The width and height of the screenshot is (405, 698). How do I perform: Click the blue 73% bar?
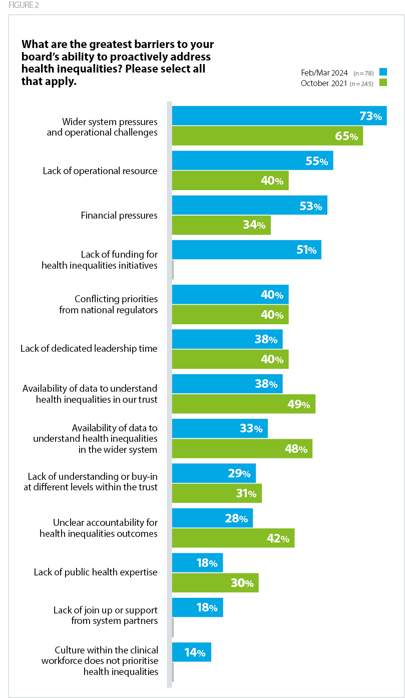point(279,116)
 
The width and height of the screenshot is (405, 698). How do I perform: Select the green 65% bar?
point(267,136)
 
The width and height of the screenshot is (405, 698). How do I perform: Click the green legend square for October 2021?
point(383,83)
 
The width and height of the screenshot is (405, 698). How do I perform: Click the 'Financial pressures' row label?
point(119,216)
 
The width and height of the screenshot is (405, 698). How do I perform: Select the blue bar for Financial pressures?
point(249,205)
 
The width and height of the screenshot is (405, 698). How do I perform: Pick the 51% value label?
point(306,250)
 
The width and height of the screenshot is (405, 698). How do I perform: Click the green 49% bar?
point(243,404)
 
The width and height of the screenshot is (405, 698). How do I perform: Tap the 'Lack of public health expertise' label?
point(96,572)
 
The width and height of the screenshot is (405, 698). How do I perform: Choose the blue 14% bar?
point(191,652)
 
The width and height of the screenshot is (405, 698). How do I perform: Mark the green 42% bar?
point(233,538)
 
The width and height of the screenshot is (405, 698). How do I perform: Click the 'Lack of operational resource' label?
point(100,171)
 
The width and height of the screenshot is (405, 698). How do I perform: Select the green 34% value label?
point(254,225)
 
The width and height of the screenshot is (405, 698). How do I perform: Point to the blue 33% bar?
point(220,428)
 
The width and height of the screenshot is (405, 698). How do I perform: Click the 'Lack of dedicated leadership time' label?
point(89,349)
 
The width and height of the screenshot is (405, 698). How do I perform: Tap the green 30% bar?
point(215,583)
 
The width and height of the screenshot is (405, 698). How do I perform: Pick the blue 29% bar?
point(214,473)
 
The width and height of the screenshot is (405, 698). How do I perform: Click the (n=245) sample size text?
point(361,84)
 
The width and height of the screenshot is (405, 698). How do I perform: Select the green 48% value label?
point(296,449)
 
